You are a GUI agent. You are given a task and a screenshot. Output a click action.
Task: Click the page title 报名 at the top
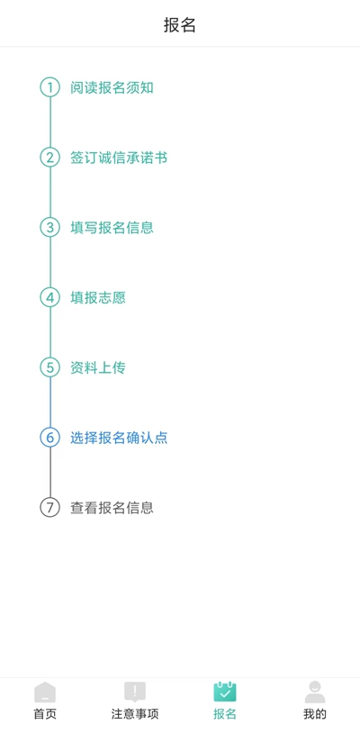pos(180,25)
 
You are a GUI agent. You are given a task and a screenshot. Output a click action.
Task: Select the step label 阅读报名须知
pos(112,87)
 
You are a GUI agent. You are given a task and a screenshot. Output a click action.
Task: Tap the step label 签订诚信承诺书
pos(119,158)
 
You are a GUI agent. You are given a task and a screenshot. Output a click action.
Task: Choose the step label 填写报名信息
pos(112,228)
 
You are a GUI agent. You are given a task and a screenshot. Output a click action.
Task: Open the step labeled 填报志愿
pos(98,298)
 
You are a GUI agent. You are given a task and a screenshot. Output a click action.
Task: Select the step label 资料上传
pos(98,368)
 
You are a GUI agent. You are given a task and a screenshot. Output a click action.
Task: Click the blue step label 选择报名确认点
pos(119,438)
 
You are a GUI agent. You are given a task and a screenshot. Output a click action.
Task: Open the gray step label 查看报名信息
pos(112,508)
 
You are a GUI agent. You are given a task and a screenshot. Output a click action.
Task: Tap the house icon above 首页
pos(45,692)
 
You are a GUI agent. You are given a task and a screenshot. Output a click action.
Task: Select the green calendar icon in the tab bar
pos(225,692)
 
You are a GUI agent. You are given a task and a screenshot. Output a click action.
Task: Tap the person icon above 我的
pos(315,692)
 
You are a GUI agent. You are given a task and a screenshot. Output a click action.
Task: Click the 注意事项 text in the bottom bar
pos(135,714)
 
